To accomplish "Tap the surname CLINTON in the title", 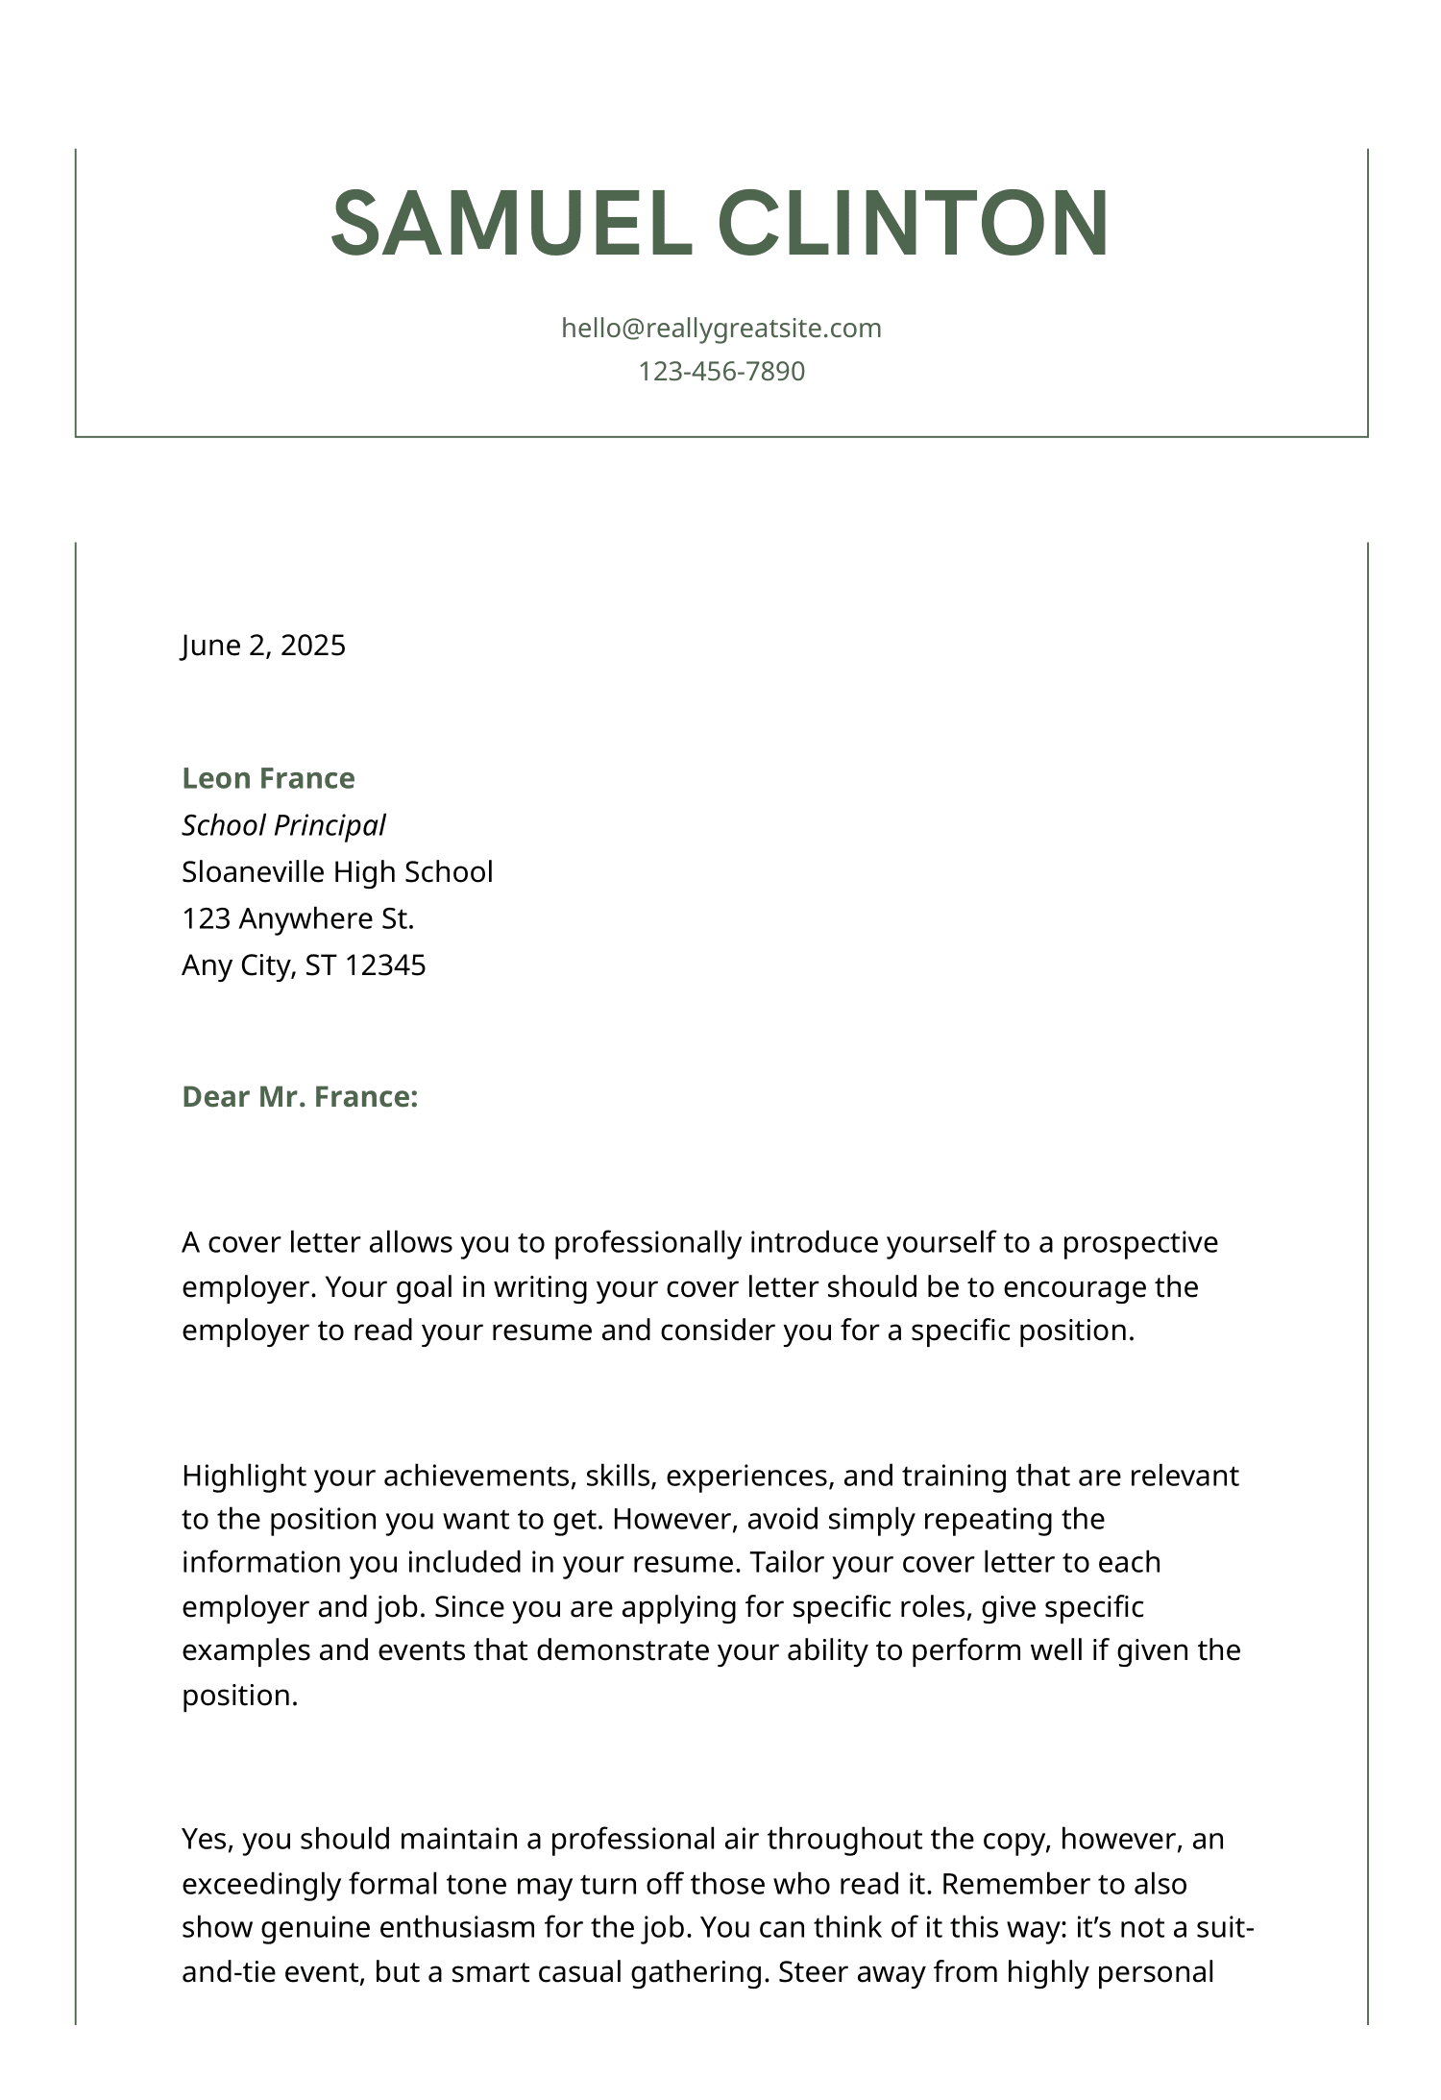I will [914, 223].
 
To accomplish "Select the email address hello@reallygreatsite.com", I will [720, 329].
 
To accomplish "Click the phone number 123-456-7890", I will [720, 371].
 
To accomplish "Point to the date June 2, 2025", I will [263, 645].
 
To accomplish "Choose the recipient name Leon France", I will [268, 778].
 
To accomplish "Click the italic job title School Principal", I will [283, 825].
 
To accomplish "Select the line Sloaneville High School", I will [337, 871].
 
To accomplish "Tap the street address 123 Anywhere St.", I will [298, 918].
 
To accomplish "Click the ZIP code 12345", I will [384, 965].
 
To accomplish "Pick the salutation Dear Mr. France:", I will [300, 1097].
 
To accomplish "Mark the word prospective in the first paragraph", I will [1139, 1242].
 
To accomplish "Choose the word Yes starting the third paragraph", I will [206, 1839].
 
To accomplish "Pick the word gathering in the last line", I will [700, 1971].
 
